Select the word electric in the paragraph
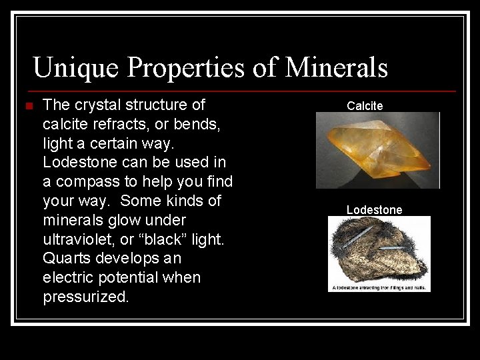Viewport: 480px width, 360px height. [67, 277]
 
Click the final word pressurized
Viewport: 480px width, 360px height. [86, 297]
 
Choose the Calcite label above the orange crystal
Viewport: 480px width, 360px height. [365, 105]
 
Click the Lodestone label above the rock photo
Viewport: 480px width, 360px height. [374, 210]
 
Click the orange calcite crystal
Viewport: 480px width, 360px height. [376, 149]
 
